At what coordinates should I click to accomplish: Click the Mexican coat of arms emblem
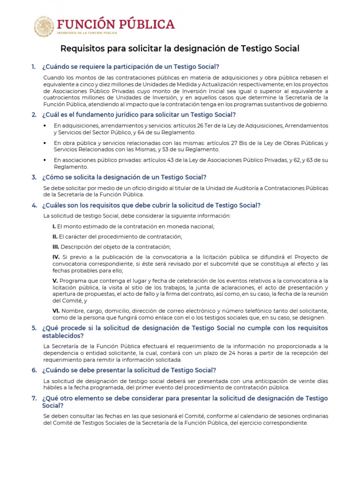point(44,26)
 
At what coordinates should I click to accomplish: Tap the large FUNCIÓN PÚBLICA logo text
point(116,24)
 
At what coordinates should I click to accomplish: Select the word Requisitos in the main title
point(82,49)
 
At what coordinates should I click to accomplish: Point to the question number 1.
point(33,67)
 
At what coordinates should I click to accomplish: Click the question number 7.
point(34,398)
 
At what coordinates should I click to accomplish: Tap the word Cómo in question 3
point(53,177)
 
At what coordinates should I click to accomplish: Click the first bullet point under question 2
point(45,126)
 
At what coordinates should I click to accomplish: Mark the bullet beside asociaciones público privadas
point(45,160)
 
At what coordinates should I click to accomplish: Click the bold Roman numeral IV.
point(56,257)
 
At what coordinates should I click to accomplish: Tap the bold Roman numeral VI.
point(55,311)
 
